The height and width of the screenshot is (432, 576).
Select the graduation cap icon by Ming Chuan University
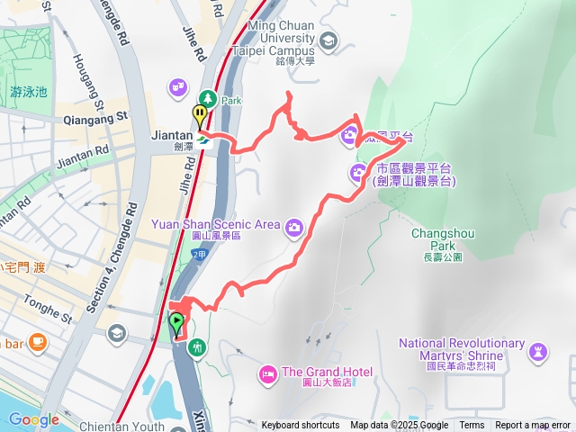tap(328, 40)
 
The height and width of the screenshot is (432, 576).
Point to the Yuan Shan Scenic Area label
tap(228, 224)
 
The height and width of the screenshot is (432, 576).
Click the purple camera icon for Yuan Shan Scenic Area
tap(293, 227)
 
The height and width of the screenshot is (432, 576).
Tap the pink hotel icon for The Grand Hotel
tap(267, 373)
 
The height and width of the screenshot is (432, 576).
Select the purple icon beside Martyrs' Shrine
tap(539, 349)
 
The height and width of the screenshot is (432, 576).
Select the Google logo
tap(33, 419)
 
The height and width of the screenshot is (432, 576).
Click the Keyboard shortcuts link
tap(301, 426)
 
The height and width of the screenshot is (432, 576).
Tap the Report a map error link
tap(533, 426)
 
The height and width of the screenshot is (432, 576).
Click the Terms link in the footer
tap(472, 426)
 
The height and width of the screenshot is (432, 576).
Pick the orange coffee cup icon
tap(37, 342)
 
